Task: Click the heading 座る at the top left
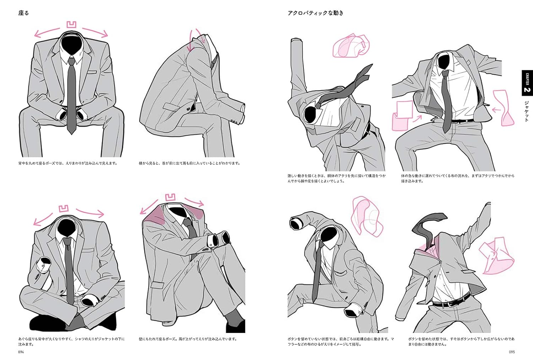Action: (x=23, y=13)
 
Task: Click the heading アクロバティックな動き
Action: (x=316, y=13)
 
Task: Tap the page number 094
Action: (x=21, y=352)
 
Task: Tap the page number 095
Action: (x=512, y=352)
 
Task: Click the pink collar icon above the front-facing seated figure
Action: (x=72, y=25)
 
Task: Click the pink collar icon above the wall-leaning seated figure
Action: (x=170, y=197)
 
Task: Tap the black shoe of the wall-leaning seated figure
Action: (x=235, y=326)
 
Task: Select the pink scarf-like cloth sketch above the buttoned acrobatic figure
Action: (x=367, y=216)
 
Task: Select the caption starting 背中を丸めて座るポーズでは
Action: (x=68, y=163)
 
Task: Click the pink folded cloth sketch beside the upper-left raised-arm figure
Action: (x=350, y=46)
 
